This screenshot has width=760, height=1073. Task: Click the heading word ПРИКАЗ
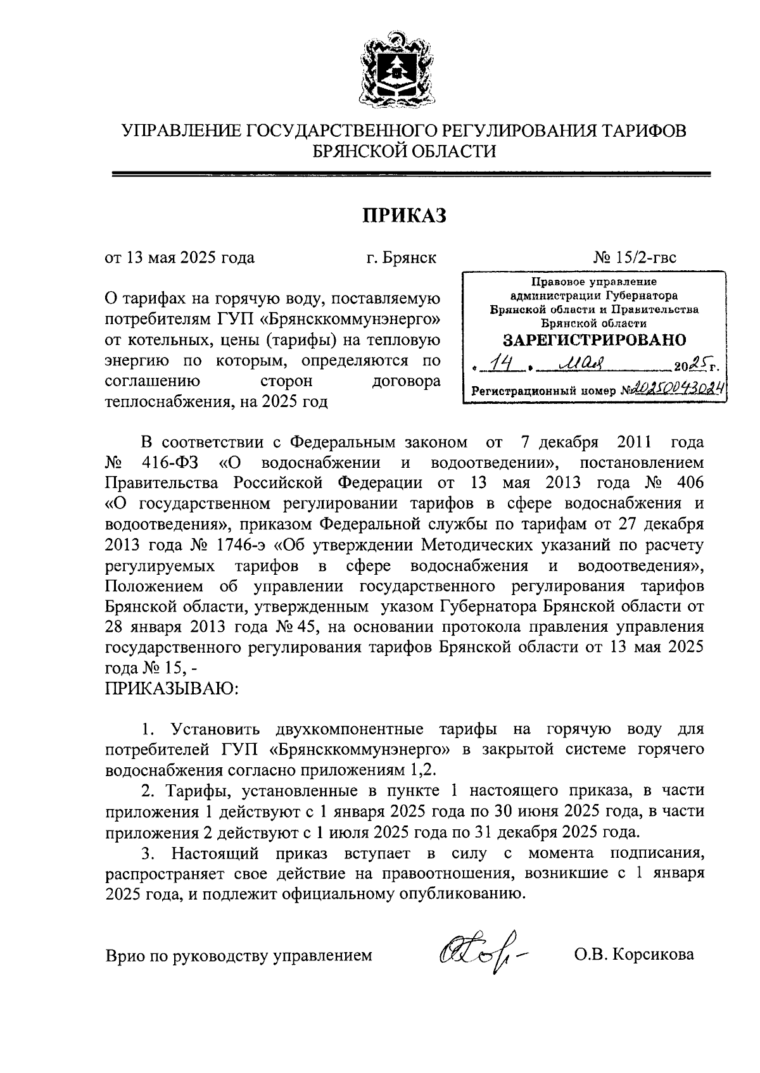(x=404, y=216)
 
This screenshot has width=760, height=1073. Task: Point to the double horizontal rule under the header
(x=411, y=174)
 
